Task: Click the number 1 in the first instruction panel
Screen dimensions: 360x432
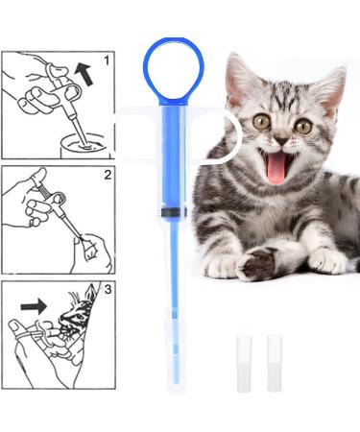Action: tap(107, 60)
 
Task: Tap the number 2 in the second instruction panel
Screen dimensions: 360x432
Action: tap(108, 175)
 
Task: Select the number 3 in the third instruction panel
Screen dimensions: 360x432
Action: tap(108, 289)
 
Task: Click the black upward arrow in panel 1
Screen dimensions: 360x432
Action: tap(84, 74)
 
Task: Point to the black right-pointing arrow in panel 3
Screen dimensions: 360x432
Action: tap(34, 306)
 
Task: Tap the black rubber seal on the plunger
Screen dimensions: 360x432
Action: tap(174, 212)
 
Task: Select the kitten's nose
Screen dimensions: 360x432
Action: tap(282, 140)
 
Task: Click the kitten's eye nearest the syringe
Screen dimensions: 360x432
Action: tap(261, 122)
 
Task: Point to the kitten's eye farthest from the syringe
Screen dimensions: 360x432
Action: tap(303, 126)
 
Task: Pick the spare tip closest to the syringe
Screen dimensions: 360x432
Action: tap(244, 364)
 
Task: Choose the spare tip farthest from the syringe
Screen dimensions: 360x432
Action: tap(275, 364)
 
